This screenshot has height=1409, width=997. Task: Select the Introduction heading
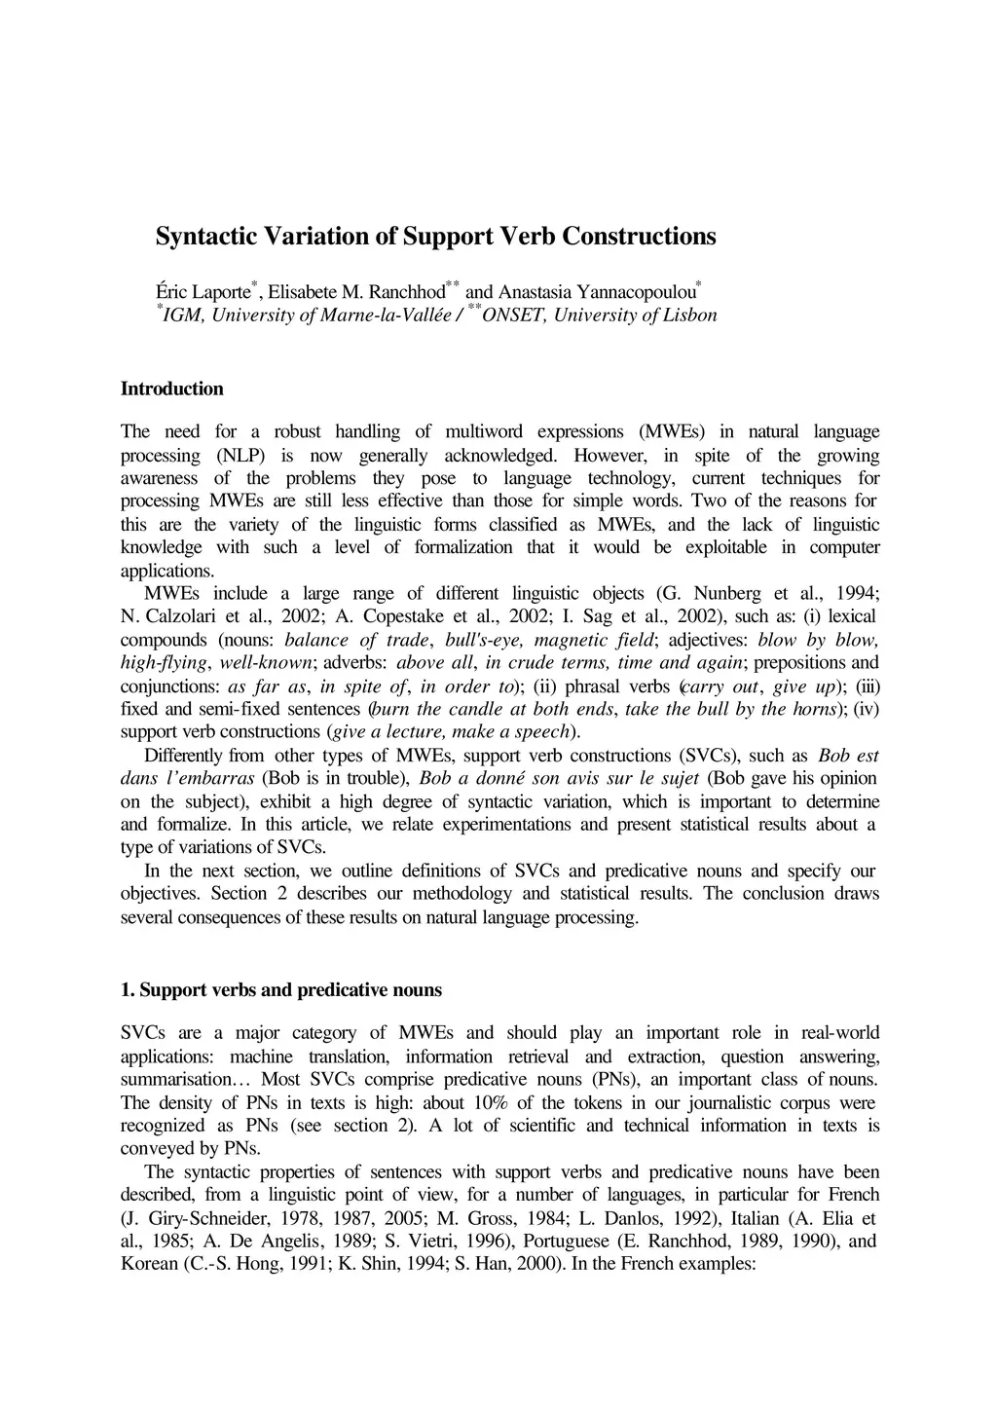click(x=171, y=389)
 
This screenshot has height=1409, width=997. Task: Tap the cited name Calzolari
click(x=186, y=616)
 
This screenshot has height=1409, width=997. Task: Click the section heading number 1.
click(x=127, y=990)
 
